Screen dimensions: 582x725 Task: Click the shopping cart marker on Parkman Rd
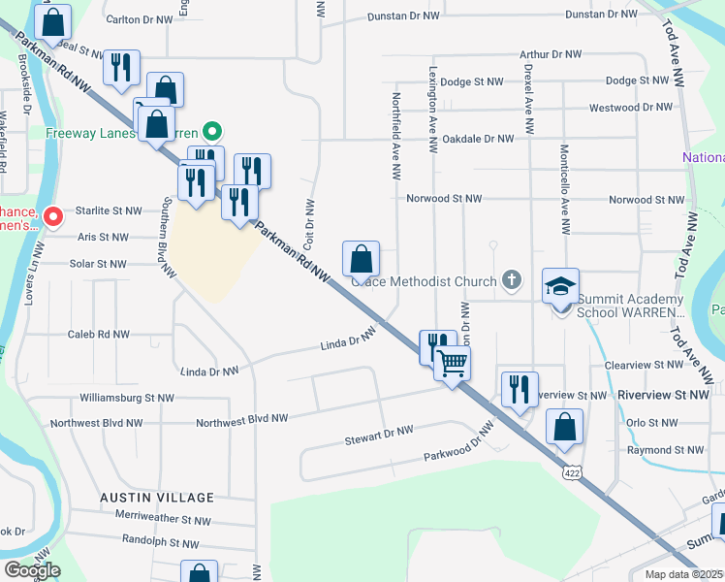click(452, 365)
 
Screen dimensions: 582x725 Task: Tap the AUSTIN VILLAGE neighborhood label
click(157, 498)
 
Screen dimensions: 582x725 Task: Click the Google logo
click(31, 570)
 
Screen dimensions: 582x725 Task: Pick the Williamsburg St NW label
click(127, 398)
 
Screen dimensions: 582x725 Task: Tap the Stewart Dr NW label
click(379, 435)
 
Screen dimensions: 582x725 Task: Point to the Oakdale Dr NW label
click(477, 139)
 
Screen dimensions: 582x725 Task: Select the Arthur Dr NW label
click(550, 55)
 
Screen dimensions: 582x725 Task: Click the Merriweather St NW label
click(162, 521)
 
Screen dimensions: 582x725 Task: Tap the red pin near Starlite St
click(54, 216)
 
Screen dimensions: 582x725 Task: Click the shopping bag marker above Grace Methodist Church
click(361, 259)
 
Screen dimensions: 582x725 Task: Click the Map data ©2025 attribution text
click(683, 574)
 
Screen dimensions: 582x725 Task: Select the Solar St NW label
click(98, 264)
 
